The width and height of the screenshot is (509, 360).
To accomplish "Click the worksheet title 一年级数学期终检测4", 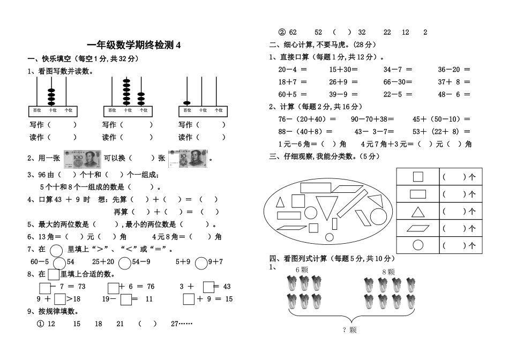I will point(134,46).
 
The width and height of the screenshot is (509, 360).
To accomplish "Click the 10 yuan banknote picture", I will point(188,159).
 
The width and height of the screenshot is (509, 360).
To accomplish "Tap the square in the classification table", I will point(417,177).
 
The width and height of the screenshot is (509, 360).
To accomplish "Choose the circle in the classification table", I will point(417,245).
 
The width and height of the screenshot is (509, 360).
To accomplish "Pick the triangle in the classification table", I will point(417,211).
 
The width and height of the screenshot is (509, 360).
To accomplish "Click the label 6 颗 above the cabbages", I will point(302,270).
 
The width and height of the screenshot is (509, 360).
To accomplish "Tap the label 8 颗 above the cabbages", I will point(388,272).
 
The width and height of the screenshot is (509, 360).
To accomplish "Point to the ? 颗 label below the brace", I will point(349,330).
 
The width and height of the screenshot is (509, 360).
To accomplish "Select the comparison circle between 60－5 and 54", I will point(59,262).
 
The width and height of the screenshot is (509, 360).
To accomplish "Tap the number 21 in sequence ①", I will point(120,324).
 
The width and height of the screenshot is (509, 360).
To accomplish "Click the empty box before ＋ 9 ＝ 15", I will point(188,299).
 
